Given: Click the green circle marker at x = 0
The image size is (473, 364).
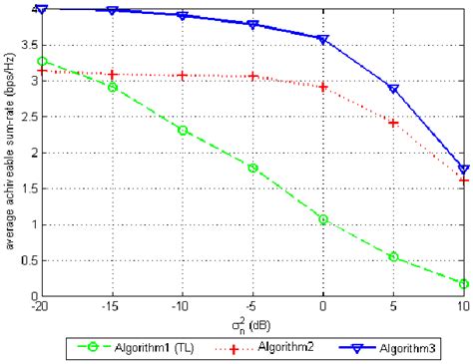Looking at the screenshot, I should pyautogui.click(x=323, y=219).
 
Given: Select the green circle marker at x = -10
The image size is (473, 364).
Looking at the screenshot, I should pyautogui.click(x=183, y=130).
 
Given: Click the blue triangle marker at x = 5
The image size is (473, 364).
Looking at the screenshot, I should pyautogui.click(x=394, y=89).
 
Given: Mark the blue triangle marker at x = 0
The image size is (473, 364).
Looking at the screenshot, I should pyautogui.click(x=323, y=40).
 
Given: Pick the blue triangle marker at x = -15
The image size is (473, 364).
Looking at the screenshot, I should pyautogui.click(x=113, y=11).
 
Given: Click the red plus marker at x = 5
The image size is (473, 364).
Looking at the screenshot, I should pyautogui.click(x=394, y=123).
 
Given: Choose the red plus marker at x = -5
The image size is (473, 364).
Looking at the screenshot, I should pyautogui.click(x=253, y=77).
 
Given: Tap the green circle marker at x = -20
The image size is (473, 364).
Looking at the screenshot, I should pyautogui.click(x=42, y=61).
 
